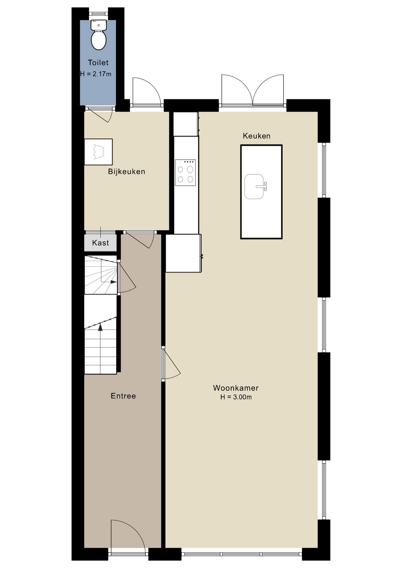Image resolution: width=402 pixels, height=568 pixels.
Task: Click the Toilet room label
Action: click(98, 63)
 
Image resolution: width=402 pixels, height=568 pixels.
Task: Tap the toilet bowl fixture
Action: click(99, 35)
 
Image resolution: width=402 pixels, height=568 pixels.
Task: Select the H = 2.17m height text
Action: click(96, 74)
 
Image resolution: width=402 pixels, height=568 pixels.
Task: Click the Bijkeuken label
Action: click(126, 172)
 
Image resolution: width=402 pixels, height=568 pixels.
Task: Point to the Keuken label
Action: click(257, 136)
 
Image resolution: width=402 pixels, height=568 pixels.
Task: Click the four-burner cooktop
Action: click(185, 173)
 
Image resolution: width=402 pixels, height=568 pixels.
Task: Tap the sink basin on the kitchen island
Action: click(254, 186)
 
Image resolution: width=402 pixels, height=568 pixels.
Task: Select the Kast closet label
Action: click(101, 243)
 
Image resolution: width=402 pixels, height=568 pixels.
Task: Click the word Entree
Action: click(123, 396)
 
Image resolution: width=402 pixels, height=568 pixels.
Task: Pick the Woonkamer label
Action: click(236, 388)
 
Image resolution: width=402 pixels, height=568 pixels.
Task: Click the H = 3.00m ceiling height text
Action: click(236, 397)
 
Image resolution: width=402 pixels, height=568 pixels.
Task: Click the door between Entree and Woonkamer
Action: click(171, 364)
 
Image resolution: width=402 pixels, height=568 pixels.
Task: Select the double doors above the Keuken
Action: click(253, 90)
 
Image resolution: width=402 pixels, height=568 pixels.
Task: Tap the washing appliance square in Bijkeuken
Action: click(98, 152)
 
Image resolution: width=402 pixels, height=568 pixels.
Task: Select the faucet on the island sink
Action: click(262, 186)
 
